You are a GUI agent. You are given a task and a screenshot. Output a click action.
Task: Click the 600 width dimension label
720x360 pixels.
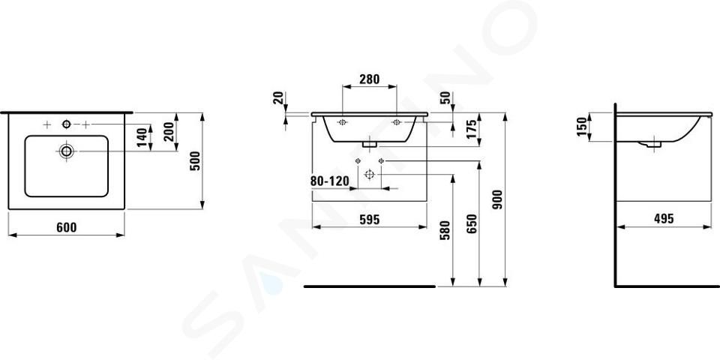coord(67,227)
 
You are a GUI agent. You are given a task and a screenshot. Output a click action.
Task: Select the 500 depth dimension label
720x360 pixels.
coord(196,160)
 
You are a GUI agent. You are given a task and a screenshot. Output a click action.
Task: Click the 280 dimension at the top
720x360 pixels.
coord(369,79)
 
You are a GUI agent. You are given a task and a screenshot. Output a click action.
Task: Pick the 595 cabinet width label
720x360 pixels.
coord(369,220)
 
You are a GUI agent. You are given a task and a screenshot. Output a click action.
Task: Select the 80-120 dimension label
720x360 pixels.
coord(330,181)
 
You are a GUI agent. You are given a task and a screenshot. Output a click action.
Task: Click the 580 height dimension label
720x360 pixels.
coord(445,230)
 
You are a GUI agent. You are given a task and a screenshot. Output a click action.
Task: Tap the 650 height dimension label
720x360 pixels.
coord(472,224)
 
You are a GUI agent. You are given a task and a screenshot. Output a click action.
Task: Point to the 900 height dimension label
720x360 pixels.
coord(498,199)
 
